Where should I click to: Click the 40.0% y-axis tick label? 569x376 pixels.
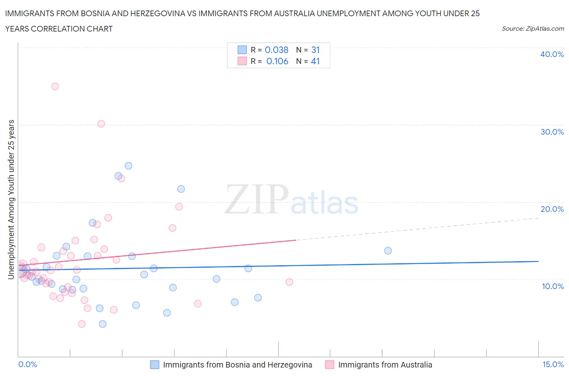pyautogui.click(x=552, y=54)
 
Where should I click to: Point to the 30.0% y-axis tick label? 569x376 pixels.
pyautogui.click(x=552, y=132)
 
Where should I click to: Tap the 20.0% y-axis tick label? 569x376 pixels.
pyautogui.click(x=552, y=209)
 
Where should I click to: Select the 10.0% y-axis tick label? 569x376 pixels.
pyautogui.click(x=552, y=286)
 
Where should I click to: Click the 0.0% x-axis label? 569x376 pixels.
pyautogui.click(x=28, y=364)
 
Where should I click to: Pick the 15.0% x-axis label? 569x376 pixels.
pyautogui.click(x=553, y=364)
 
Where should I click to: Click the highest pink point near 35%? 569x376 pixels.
pyautogui.click(x=55, y=86)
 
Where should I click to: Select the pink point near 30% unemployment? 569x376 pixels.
pyautogui.click(x=101, y=124)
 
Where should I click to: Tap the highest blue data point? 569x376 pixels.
pyautogui.click(x=128, y=165)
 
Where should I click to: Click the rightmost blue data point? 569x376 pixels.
pyautogui.click(x=388, y=251)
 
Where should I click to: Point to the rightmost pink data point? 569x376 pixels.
pyautogui.click(x=289, y=282)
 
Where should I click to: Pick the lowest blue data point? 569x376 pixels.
pyautogui.click(x=103, y=324)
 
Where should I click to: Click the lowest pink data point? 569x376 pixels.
pyautogui.click(x=82, y=324)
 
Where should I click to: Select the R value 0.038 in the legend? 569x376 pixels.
pyautogui.click(x=276, y=50)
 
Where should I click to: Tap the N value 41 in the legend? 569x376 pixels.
pyautogui.click(x=315, y=61)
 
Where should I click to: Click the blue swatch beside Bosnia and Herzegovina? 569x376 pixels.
pyautogui.click(x=155, y=365)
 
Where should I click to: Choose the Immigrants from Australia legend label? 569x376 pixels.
pyautogui.click(x=385, y=365)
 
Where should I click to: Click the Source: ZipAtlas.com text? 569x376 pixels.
pyautogui.click(x=533, y=29)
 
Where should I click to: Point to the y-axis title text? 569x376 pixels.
pyautogui.click(x=11, y=199)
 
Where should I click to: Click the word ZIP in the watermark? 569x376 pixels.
pyautogui.click(x=256, y=200)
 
